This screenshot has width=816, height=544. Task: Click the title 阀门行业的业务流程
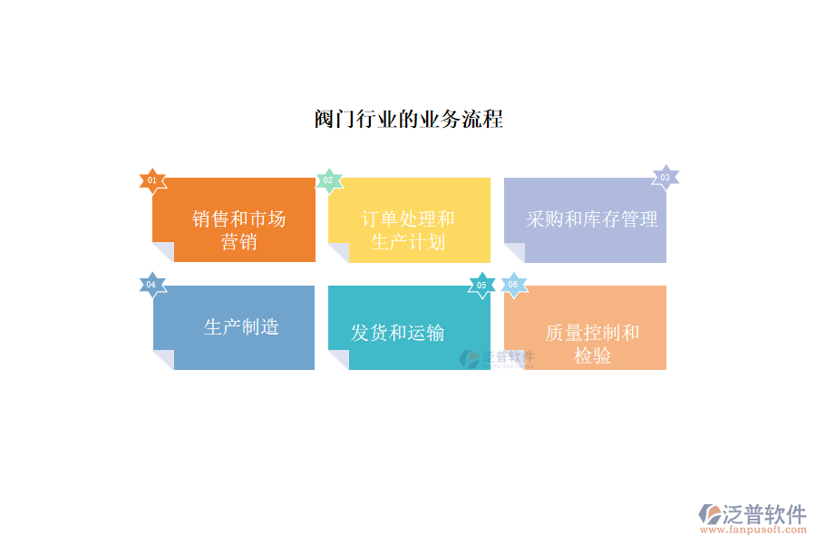(x=409, y=119)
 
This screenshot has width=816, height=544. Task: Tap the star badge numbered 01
(x=152, y=180)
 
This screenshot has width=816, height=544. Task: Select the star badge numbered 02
(x=329, y=180)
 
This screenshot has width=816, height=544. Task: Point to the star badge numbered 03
(x=665, y=178)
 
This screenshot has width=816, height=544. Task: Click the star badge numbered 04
(x=152, y=285)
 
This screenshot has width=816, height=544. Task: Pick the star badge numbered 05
(x=481, y=286)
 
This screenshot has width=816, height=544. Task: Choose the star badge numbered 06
(x=514, y=285)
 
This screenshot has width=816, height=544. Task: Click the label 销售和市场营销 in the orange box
(x=238, y=230)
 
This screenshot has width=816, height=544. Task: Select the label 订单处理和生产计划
(x=408, y=230)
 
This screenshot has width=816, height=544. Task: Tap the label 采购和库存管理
(x=592, y=219)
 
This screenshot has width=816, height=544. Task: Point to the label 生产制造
(x=241, y=327)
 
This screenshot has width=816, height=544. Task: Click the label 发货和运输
(x=398, y=333)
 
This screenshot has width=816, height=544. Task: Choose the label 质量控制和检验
(x=592, y=345)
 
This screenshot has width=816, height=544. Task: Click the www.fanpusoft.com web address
(x=753, y=529)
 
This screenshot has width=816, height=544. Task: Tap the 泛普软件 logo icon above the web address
(x=710, y=514)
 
